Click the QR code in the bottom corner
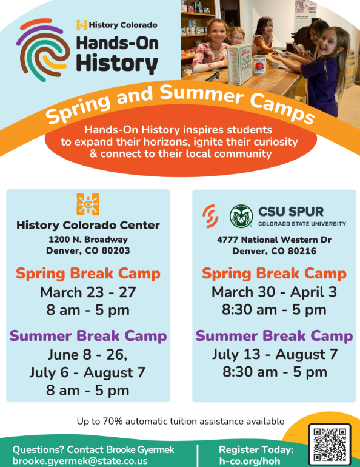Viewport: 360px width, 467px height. (x=330, y=444)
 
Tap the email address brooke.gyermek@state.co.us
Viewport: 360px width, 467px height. (x=80, y=461)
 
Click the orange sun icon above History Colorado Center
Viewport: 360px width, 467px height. (x=88, y=204)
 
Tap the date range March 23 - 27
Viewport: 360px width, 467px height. (x=88, y=292)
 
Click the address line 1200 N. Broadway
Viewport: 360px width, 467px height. (x=88, y=240)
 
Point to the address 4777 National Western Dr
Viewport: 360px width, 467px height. (x=275, y=240)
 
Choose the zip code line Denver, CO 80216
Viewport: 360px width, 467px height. (x=275, y=251)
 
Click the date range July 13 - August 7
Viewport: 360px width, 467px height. (x=275, y=354)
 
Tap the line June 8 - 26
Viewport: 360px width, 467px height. (x=88, y=354)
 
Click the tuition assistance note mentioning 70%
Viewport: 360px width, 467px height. (x=180, y=421)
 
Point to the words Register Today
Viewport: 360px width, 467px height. (x=256, y=450)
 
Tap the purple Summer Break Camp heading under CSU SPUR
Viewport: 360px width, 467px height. (x=275, y=335)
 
